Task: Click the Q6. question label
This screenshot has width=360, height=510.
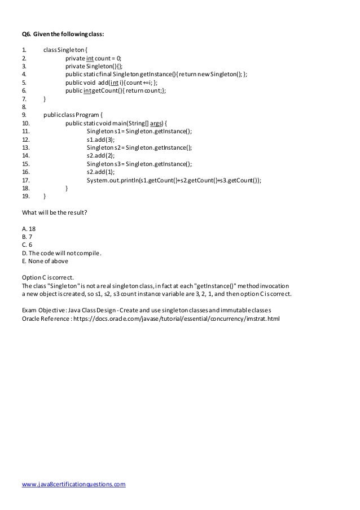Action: [28, 34]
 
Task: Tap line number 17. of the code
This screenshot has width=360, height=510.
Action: [25, 180]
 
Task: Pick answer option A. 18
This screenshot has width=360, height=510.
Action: [29, 229]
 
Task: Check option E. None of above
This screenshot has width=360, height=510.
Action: [45, 261]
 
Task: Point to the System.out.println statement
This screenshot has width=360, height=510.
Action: [174, 180]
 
